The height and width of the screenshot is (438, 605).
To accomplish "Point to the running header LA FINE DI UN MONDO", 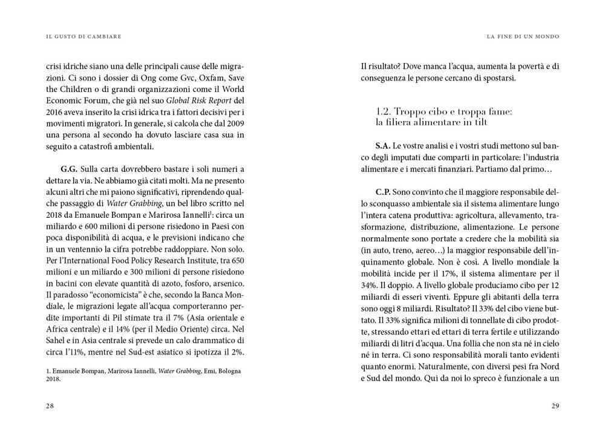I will pos(523,37).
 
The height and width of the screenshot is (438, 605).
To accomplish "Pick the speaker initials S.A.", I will pos(382,146).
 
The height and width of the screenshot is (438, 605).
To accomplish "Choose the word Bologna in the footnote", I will pos(227,371).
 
